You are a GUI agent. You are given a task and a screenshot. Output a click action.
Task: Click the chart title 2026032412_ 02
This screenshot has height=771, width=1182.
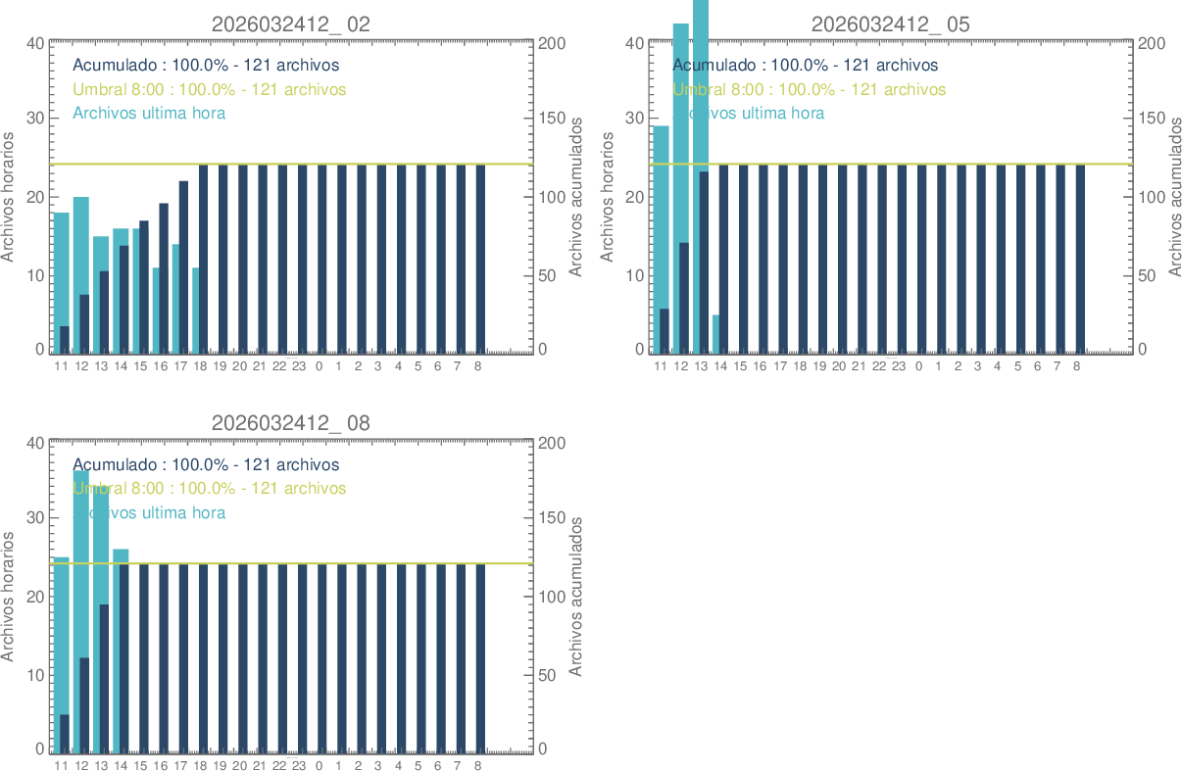(x=291, y=24)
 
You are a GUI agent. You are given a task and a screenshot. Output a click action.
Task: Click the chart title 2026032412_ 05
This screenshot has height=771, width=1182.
(x=891, y=24)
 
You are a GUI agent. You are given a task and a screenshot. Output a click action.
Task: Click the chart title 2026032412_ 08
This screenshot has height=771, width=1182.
(x=291, y=423)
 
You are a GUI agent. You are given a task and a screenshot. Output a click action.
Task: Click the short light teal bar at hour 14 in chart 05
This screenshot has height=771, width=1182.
(x=715, y=333)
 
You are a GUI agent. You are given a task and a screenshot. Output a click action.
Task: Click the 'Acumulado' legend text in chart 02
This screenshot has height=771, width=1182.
(x=206, y=66)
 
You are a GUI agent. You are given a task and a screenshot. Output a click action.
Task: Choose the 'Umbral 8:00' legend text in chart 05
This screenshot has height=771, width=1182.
(x=810, y=89)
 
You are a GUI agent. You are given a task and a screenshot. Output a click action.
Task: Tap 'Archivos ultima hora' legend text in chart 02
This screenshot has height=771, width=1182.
(x=149, y=113)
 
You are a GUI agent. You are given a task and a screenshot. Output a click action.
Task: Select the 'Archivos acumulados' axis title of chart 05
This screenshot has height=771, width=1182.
(x=1176, y=197)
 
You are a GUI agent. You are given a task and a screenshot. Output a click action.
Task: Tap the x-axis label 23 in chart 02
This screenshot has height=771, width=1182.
(x=299, y=366)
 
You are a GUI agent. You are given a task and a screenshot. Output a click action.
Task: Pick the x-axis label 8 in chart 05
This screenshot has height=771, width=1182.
(x=1076, y=366)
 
